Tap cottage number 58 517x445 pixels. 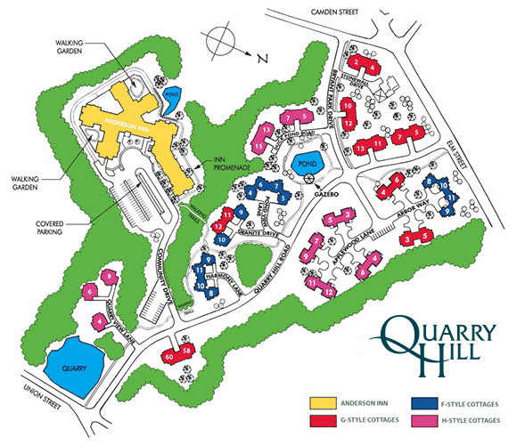click(x=186, y=352)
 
